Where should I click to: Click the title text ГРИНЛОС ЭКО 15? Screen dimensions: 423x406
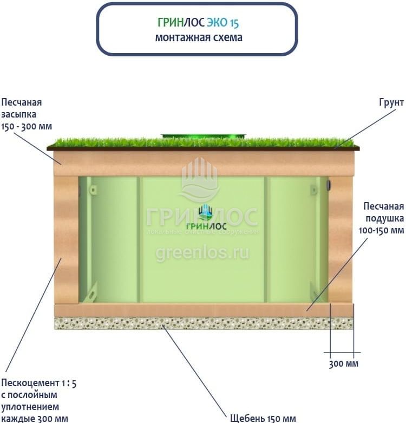point(197,23)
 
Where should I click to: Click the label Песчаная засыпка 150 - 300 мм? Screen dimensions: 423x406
point(30,114)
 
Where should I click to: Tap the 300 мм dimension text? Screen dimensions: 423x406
point(343,363)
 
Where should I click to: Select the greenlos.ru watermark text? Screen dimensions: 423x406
point(202,252)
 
